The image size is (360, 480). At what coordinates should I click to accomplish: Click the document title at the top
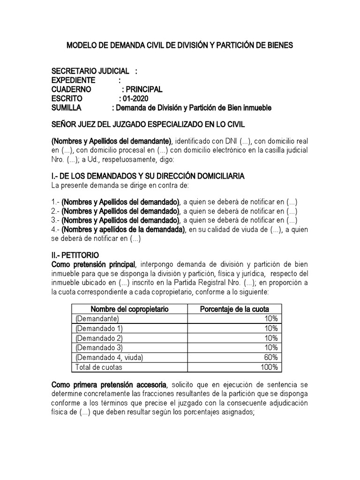tap(180, 45)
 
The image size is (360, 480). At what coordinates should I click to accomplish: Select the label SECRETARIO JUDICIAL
tap(90, 71)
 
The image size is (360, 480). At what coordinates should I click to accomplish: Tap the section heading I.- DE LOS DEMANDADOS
tap(147, 176)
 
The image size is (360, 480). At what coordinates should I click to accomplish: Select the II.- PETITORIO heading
tap(75, 255)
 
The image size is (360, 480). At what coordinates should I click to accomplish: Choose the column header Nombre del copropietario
tap(129, 309)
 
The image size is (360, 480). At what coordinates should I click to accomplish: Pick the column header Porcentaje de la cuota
tap(234, 309)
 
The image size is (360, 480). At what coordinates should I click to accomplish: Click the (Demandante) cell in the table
tap(93, 318)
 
